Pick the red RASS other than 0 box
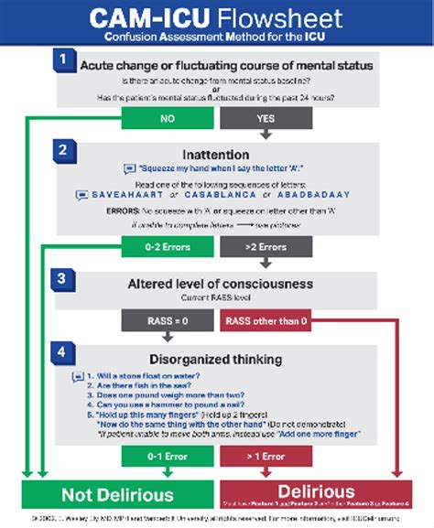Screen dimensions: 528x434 (x=266, y=321)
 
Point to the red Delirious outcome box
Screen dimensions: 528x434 (x=317, y=494)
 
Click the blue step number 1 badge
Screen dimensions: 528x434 (x=63, y=59)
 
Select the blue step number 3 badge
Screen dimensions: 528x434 (x=63, y=277)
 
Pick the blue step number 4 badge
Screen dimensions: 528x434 (x=63, y=351)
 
